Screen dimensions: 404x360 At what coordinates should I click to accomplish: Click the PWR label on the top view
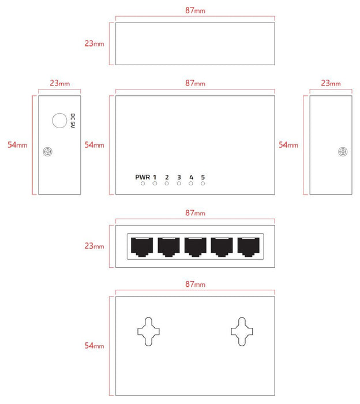[142, 177]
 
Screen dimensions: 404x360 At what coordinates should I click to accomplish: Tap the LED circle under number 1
[155, 184]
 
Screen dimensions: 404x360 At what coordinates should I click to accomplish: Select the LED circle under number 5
[203, 184]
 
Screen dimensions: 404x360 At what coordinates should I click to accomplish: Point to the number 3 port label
[179, 177]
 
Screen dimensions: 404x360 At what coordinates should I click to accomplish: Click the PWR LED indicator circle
[142, 184]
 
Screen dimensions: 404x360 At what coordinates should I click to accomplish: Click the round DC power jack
[59, 121]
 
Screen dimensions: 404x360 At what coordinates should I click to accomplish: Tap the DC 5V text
[73, 121]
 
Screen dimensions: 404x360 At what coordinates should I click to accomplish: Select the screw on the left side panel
[48, 152]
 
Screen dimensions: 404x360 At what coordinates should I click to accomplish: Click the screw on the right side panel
[343, 152]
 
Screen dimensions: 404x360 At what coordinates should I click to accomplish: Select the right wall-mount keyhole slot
[241, 330]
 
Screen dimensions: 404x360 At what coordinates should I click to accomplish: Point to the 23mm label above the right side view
[330, 83]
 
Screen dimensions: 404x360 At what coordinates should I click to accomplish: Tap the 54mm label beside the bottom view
[95, 345]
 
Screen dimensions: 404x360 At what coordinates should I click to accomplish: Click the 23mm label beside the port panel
[95, 246]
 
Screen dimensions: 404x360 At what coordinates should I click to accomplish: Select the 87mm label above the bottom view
[195, 285]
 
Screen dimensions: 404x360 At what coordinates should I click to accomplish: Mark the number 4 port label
[191, 177]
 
